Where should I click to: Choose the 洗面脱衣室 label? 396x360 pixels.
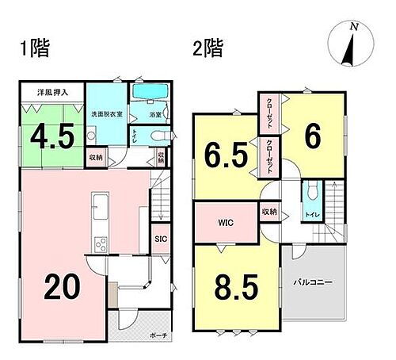click(x=105, y=114)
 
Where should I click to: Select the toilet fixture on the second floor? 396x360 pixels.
click(x=311, y=192)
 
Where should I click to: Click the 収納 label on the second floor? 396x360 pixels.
click(x=269, y=212)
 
